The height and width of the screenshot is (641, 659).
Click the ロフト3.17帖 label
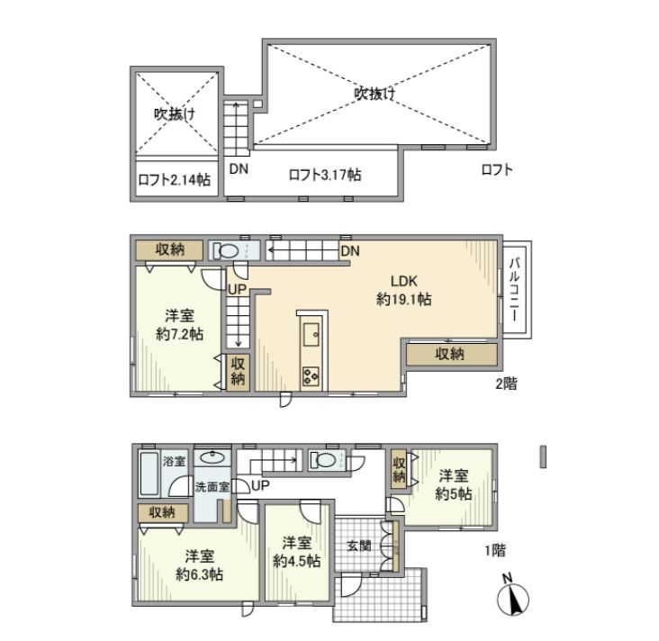[325, 175]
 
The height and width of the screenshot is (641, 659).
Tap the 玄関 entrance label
[358, 546]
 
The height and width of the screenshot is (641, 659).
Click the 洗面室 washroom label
[212, 486]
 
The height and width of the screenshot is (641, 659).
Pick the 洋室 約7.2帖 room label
[177, 325]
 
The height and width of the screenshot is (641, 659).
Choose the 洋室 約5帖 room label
[453, 484]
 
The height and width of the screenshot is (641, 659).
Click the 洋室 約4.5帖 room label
[294, 552]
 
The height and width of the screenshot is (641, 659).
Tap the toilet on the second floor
[225, 251]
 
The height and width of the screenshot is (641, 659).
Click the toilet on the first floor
[325, 461]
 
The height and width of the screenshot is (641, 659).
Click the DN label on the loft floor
[239, 168]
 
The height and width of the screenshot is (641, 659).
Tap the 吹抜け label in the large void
[375, 92]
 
